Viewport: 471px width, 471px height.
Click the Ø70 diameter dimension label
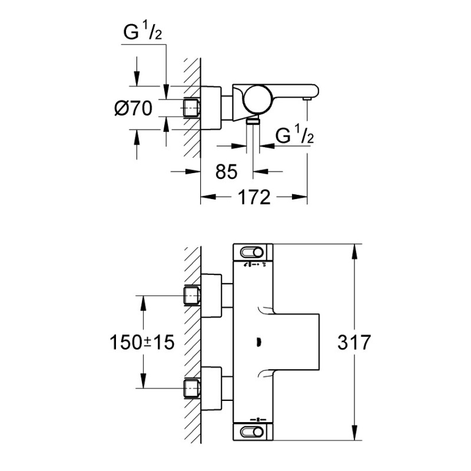point(134,108)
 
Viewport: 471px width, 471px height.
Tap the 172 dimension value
point(254,197)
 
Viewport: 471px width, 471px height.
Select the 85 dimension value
point(227,172)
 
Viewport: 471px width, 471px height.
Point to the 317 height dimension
point(354,342)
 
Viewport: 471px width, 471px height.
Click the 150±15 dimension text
point(142,342)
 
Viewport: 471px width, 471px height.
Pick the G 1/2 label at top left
point(142,32)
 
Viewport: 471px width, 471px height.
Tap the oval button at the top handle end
point(252,253)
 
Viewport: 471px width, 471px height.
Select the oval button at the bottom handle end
point(252,432)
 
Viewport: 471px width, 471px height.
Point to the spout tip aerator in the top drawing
point(307,98)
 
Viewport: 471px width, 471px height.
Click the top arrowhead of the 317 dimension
point(355,251)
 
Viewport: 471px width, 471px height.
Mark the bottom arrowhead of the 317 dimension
point(355,433)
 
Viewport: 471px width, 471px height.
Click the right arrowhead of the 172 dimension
point(300,197)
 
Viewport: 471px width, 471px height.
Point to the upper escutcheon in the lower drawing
point(211,296)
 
